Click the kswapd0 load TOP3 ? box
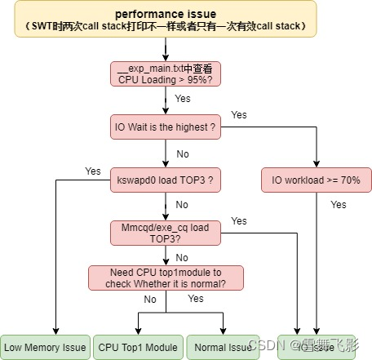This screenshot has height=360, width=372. tap(166, 178)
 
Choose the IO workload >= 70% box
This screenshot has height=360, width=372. tap(315, 178)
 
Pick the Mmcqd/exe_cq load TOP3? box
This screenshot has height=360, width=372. tap(166, 232)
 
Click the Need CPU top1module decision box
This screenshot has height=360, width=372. tap(166, 278)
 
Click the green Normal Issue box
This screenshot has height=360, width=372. tap(222, 346)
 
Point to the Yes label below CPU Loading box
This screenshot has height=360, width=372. tap(184, 98)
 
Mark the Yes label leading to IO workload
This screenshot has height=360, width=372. tap(239, 115)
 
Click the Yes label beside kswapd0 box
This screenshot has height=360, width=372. tap(92, 171)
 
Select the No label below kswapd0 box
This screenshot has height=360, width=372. tap(182, 205)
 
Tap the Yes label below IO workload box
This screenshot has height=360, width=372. tap(339, 205)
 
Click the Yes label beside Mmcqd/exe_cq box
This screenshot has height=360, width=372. tap(239, 221)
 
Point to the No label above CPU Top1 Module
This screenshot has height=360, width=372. tap(149, 300)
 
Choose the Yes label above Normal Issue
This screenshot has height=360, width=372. tap(196, 300)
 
